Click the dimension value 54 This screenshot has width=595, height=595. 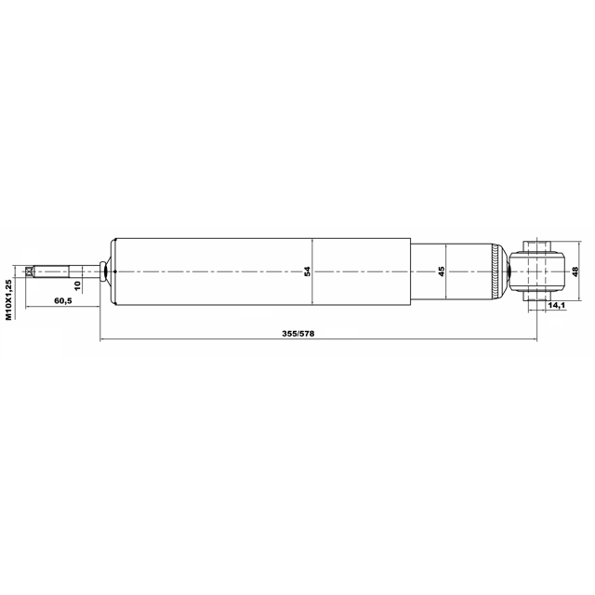[x=308, y=271]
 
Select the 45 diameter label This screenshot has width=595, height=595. [x=441, y=271]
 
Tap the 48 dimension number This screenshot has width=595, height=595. [x=575, y=271]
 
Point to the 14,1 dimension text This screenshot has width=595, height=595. [x=557, y=305]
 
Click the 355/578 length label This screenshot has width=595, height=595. [x=298, y=334]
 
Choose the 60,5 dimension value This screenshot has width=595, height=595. [x=63, y=301]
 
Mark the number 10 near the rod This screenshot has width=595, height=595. [x=78, y=285]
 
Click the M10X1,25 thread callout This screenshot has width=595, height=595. [x=8, y=299]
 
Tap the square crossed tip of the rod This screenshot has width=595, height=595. [x=29, y=271]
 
